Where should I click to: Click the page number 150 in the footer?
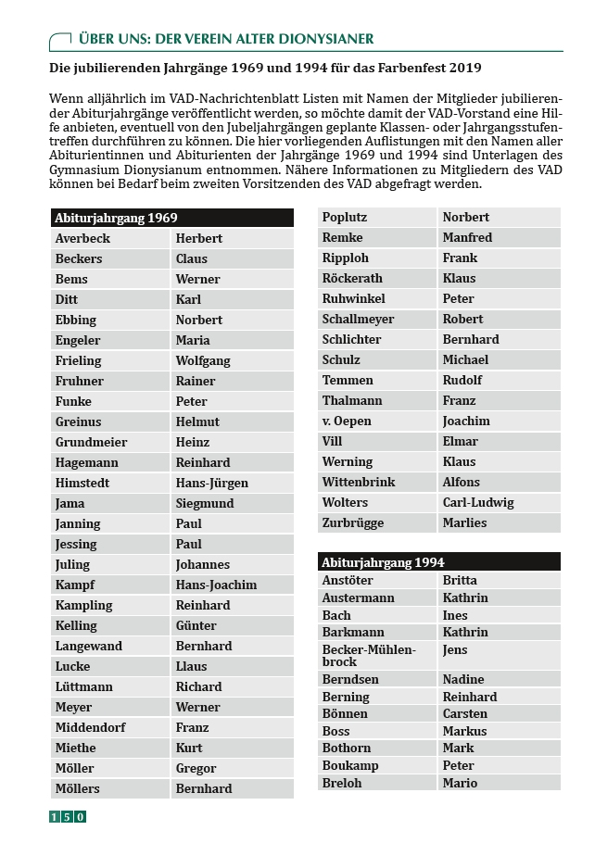(x=68, y=817)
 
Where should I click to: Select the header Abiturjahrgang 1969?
(x=116, y=218)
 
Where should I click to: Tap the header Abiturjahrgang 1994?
(x=383, y=562)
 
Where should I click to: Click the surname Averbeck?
(x=82, y=238)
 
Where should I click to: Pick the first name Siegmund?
(x=204, y=503)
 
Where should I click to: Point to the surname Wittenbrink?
(x=358, y=482)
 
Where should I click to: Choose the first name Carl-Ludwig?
(x=478, y=502)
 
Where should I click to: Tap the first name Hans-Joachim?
(x=216, y=585)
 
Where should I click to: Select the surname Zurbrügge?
(x=352, y=522)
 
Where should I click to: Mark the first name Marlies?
(x=464, y=522)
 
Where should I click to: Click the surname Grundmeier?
(x=91, y=442)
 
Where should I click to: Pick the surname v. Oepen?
(x=347, y=421)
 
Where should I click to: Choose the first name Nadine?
(x=463, y=679)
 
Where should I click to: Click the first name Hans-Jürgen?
(x=212, y=483)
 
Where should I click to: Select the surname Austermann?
(x=358, y=598)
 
